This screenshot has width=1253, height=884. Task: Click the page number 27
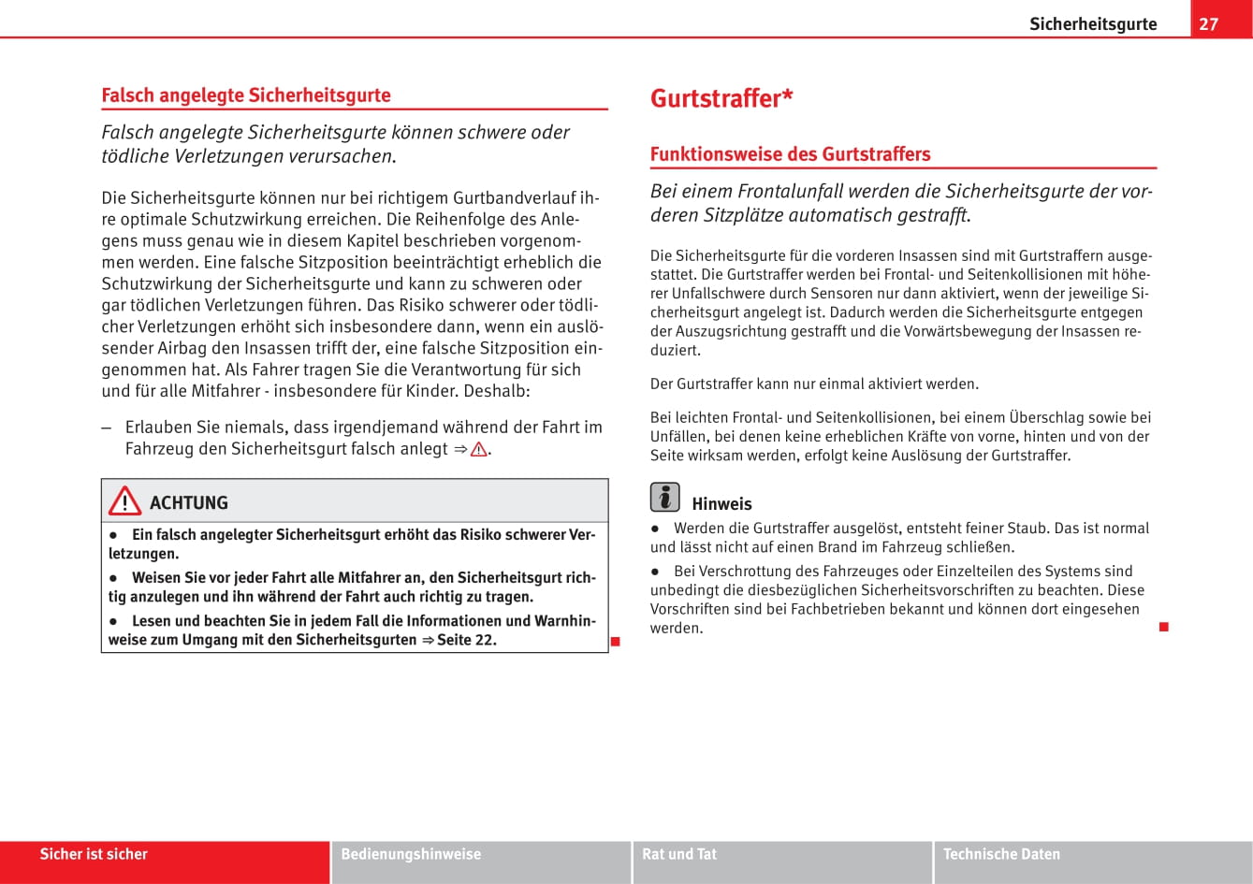tap(1209, 23)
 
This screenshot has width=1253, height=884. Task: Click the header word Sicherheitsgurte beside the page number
tap(1093, 24)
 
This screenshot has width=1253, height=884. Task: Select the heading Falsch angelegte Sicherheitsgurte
tap(246, 94)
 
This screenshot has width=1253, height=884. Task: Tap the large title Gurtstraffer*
tap(721, 98)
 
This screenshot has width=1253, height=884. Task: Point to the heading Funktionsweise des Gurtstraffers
tap(790, 153)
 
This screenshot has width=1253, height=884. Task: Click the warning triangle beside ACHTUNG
tap(124, 502)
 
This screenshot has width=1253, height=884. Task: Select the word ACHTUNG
tap(188, 502)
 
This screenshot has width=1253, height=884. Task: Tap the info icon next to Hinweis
tap(664, 497)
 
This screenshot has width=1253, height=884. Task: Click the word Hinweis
tap(721, 503)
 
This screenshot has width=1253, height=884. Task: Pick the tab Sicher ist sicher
tap(94, 854)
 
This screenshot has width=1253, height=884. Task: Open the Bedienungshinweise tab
tap(411, 854)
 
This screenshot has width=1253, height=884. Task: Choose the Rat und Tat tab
tap(679, 854)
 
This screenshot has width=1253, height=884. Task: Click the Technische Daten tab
tap(1001, 854)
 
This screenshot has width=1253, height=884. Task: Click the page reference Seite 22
tap(466, 640)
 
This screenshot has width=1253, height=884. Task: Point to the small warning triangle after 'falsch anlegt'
tap(478, 449)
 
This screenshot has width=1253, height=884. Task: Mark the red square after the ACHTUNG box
tap(616, 642)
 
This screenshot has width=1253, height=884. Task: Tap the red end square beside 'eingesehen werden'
tap(1163, 626)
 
